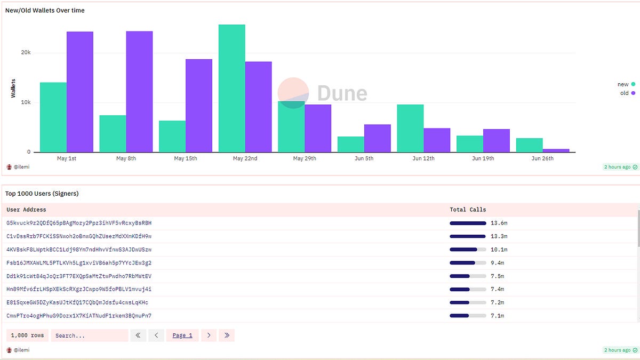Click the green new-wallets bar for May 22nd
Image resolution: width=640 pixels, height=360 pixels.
[231, 88]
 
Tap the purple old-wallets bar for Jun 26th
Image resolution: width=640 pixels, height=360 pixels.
[556, 150]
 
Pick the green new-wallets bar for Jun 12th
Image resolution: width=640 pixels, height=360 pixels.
[410, 128]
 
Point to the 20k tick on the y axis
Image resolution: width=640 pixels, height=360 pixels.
[26, 53]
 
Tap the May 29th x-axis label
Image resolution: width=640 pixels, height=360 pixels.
[305, 158]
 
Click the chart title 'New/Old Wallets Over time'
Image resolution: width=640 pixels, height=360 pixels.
[45, 10]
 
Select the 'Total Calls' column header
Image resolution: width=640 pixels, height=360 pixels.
[468, 210]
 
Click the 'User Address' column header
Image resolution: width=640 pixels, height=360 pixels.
[26, 210]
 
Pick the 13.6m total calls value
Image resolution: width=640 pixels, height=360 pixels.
[499, 223]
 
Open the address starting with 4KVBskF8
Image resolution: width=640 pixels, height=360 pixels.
[79, 250]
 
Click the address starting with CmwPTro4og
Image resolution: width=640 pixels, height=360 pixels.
[79, 316]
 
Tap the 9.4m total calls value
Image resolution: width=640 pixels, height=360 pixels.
[497, 263]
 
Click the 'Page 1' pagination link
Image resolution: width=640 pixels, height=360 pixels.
[182, 335]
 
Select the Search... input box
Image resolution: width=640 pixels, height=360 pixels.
[89, 335]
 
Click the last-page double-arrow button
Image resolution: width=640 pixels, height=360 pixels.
[227, 335]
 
